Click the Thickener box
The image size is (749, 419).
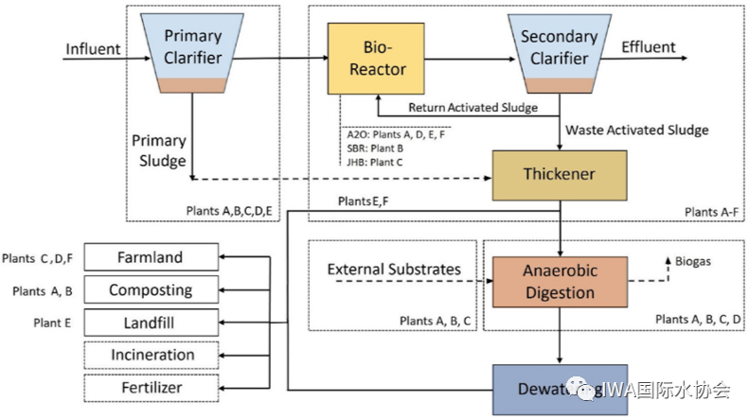click(x=559, y=174)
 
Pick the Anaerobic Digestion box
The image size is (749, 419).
click(x=560, y=281)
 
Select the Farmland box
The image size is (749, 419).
click(x=150, y=257)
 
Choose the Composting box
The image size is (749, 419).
click(x=150, y=289)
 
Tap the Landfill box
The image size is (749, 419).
click(x=150, y=323)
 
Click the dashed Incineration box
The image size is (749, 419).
click(x=150, y=355)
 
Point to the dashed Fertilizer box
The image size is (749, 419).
click(x=150, y=387)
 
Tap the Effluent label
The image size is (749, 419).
click(x=649, y=47)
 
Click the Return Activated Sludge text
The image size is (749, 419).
click(x=472, y=107)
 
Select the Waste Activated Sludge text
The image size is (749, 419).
click(x=635, y=129)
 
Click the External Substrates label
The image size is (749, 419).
click(x=394, y=270)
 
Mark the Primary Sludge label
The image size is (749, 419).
click(x=159, y=151)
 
